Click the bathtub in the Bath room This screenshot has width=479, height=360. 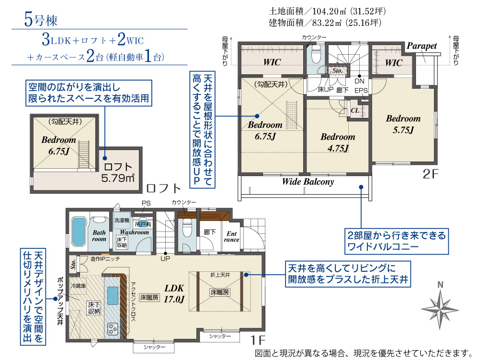pos(78,232)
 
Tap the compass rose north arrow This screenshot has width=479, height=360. pos(440,309)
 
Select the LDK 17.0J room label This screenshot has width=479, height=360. pos(174,293)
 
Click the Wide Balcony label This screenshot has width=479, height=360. pos(308,182)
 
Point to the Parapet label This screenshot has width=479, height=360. pos(422,46)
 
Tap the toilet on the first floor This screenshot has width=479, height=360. pos(187,228)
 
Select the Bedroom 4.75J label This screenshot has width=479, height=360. pos(338,142)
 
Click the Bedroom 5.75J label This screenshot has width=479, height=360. pos(403,124)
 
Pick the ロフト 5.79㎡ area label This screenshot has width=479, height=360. pos(118,173)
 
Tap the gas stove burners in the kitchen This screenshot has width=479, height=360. pos(113,329)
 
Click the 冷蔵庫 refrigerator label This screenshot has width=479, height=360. pos(79,286)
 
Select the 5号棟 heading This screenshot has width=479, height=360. pos(41,20)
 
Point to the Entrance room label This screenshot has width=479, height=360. pos(231,236)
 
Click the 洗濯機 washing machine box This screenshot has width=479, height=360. pos(122,220)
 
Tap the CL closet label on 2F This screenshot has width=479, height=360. pos(355,110)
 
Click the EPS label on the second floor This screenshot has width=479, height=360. pos(361,91)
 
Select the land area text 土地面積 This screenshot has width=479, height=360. pos(286,12)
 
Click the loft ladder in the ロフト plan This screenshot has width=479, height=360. pos(84,154)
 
